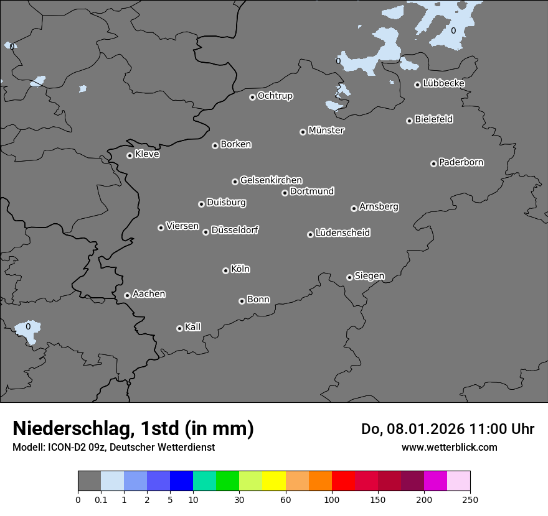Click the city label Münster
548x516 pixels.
click(326, 131)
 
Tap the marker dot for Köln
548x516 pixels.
click(225, 270)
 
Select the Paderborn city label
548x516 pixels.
click(461, 162)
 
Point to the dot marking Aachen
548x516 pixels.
click(127, 295)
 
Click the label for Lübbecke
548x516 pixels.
click(444, 83)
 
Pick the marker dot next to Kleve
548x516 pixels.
click(130, 155)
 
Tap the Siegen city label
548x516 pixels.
click(369, 276)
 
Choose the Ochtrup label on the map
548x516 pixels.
click(275, 96)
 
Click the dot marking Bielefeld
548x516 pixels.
click(409, 121)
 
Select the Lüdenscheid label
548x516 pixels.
click(342, 233)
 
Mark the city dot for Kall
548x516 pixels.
click(179, 328)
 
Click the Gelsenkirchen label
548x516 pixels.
click(271, 180)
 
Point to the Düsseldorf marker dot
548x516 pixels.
click(205, 232)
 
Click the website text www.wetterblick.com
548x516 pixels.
click(449, 447)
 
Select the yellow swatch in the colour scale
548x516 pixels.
click(274, 481)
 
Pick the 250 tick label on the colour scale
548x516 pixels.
click(470, 499)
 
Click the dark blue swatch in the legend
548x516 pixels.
click(181, 481)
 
